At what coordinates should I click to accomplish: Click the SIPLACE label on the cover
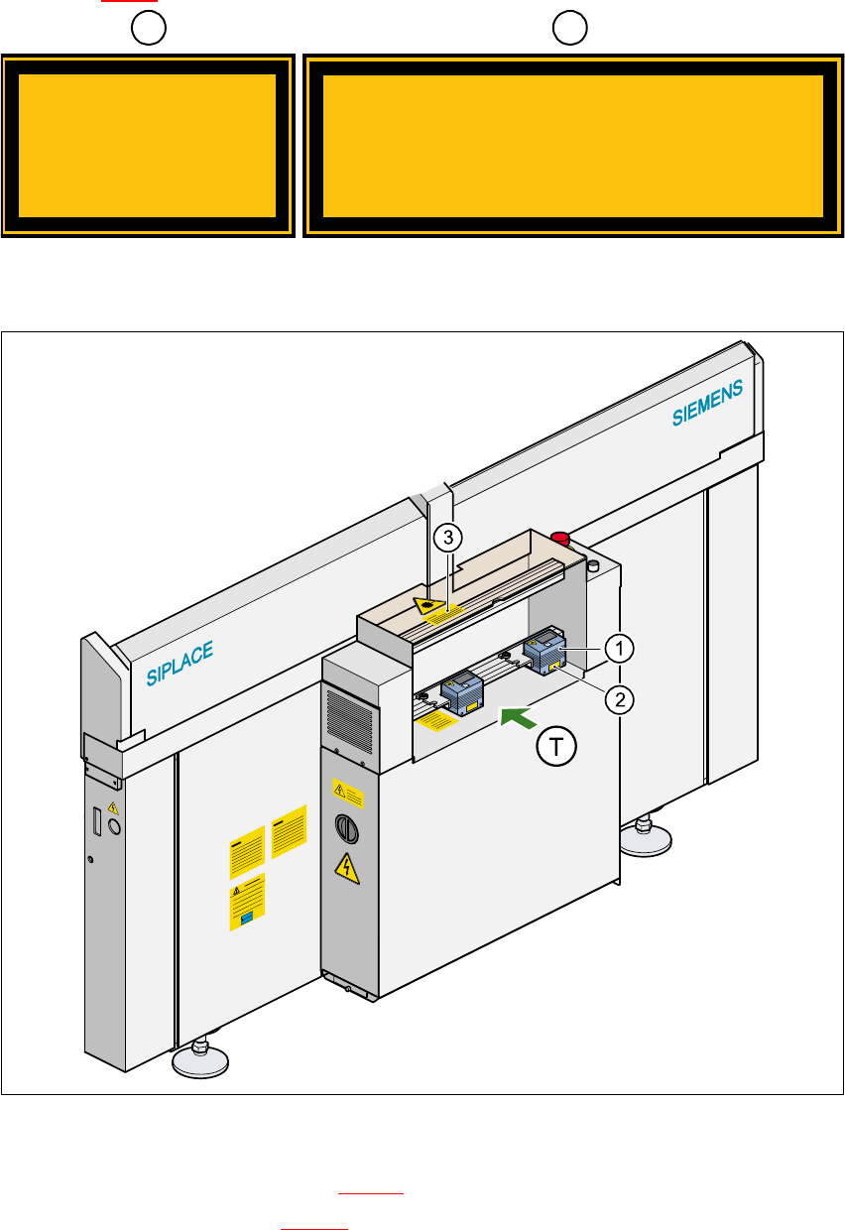tap(180, 664)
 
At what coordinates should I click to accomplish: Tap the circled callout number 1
tap(619, 649)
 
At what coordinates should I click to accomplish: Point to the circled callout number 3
tap(449, 538)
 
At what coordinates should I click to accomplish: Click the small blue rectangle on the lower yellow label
tap(247, 919)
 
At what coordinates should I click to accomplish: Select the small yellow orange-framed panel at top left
tap(148, 145)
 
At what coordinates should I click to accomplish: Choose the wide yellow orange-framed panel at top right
tap(573, 145)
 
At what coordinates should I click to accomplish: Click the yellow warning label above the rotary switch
tap(347, 792)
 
